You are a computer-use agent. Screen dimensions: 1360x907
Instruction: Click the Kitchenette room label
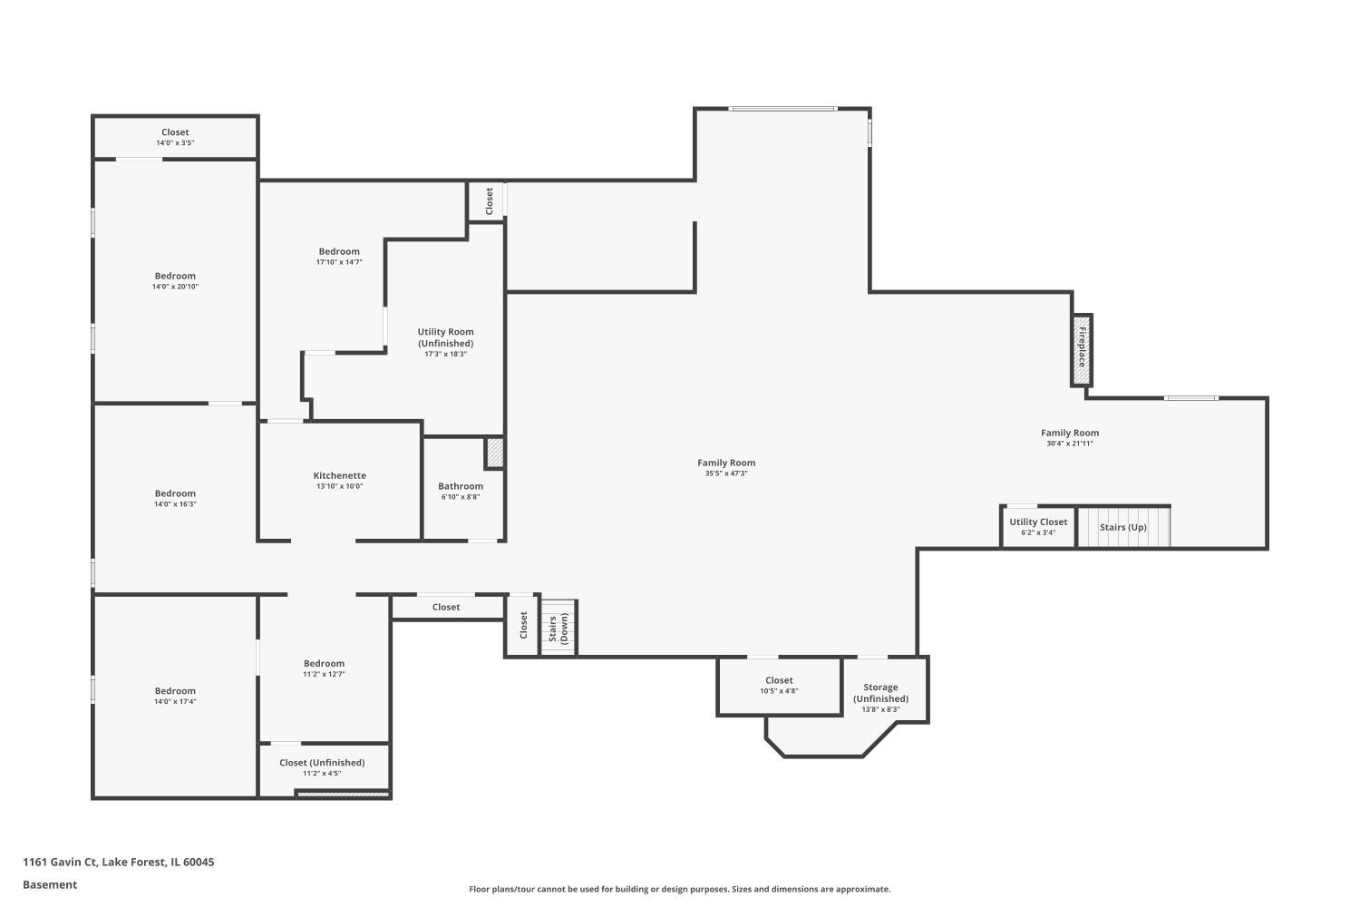(x=339, y=475)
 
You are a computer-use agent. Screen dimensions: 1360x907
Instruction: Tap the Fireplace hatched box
(x=1082, y=350)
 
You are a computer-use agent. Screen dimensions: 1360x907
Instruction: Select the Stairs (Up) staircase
(x=1123, y=527)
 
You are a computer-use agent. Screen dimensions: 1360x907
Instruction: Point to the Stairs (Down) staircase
(x=559, y=628)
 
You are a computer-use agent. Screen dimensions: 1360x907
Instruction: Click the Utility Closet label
(x=1038, y=522)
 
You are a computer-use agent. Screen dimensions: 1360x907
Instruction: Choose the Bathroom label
(x=461, y=487)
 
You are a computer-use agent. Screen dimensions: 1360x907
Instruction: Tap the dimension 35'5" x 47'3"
(x=726, y=473)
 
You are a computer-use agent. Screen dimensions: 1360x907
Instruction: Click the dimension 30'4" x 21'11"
(x=1070, y=444)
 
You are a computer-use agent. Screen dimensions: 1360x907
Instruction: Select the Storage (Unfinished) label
(x=881, y=693)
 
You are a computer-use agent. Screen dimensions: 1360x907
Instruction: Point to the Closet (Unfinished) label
(x=322, y=763)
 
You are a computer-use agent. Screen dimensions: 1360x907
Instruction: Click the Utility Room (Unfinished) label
(x=446, y=337)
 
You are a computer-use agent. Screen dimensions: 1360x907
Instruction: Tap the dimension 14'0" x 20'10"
(x=176, y=287)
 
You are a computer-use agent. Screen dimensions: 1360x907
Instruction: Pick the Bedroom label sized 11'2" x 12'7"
(x=325, y=664)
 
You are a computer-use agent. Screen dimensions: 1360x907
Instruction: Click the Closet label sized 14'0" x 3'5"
(x=176, y=132)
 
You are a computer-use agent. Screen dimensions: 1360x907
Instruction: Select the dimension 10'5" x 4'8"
(x=779, y=691)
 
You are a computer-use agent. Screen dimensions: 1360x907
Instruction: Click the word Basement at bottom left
(x=50, y=885)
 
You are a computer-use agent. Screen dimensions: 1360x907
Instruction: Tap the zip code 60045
(x=199, y=862)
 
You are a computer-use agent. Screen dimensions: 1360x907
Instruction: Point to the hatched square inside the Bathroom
(x=494, y=453)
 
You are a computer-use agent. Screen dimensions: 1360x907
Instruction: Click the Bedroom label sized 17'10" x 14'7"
(x=339, y=251)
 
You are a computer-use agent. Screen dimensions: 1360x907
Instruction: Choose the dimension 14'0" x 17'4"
(x=176, y=702)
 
